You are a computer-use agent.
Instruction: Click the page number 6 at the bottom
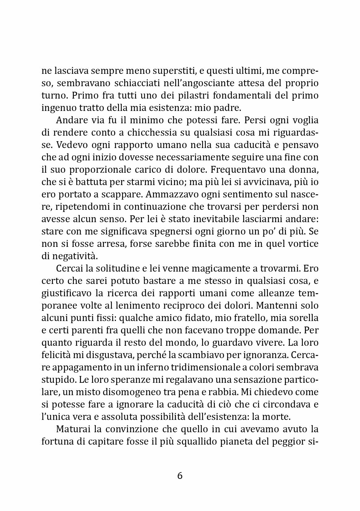pyautogui.click(x=180, y=475)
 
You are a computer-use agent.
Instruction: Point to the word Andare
pyautogui.click(x=69, y=120)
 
